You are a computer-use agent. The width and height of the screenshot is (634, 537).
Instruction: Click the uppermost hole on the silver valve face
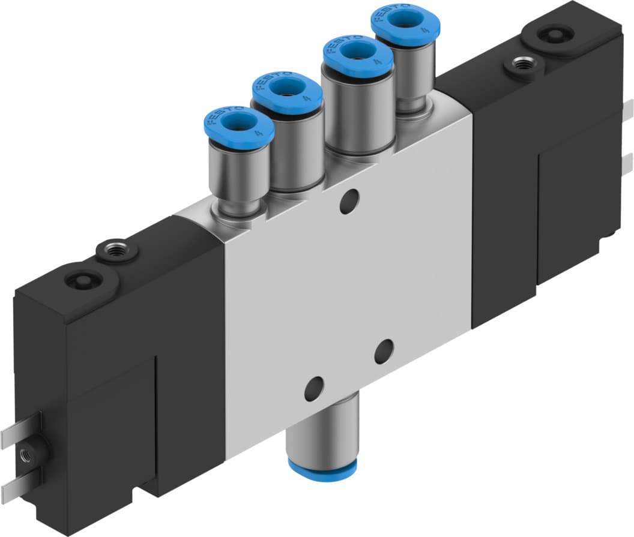pyautogui.click(x=349, y=202)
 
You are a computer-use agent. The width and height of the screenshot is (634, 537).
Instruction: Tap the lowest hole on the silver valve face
pyautogui.click(x=313, y=389)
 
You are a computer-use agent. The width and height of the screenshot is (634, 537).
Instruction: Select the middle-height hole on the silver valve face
pyautogui.click(x=384, y=352)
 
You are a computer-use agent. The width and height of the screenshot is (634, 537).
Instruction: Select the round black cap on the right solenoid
pyautogui.click(x=552, y=34)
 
